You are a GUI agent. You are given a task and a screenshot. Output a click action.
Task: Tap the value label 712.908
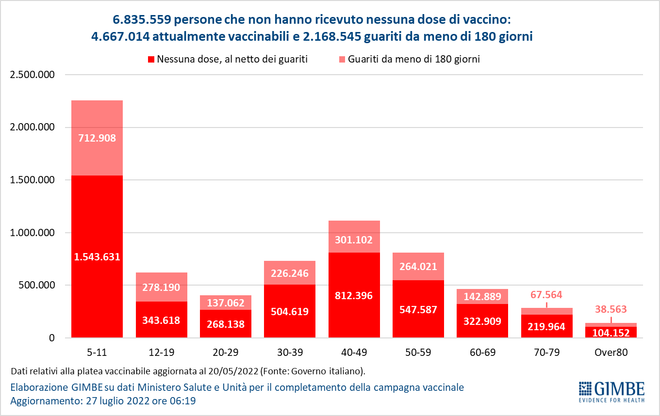pos(97,138)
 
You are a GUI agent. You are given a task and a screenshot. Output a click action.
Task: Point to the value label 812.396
pos(354,295)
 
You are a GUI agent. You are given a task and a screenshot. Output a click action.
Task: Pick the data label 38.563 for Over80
pos(610,309)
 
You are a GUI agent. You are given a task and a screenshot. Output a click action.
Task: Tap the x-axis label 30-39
pos(290,352)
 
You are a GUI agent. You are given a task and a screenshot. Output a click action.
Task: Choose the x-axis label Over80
pos(610,352)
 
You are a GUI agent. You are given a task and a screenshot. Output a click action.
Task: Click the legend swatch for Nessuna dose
pos(151,60)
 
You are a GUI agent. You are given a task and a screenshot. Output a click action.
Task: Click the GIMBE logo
pos(611,392)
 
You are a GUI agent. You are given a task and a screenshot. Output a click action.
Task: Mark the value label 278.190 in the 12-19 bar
pos(161,287)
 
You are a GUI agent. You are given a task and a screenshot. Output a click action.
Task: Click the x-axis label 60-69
pos(482,352)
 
